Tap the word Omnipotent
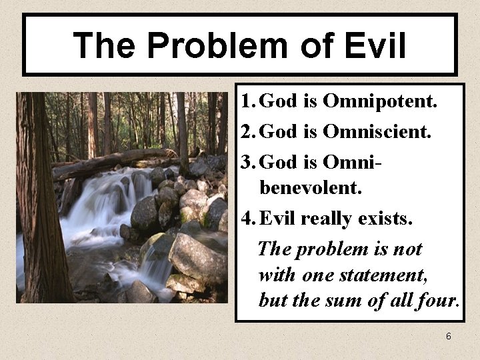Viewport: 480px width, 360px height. (379, 102)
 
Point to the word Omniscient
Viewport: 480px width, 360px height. (377, 131)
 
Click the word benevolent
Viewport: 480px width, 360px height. (311, 188)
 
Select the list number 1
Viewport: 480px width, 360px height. (247, 102)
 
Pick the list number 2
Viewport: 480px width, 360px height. (247, 131)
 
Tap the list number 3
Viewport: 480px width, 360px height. (247, 161)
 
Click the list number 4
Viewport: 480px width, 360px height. (247, 217)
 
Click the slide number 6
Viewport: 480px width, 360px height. (449, 337)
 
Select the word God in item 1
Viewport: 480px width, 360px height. (278, 102)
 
